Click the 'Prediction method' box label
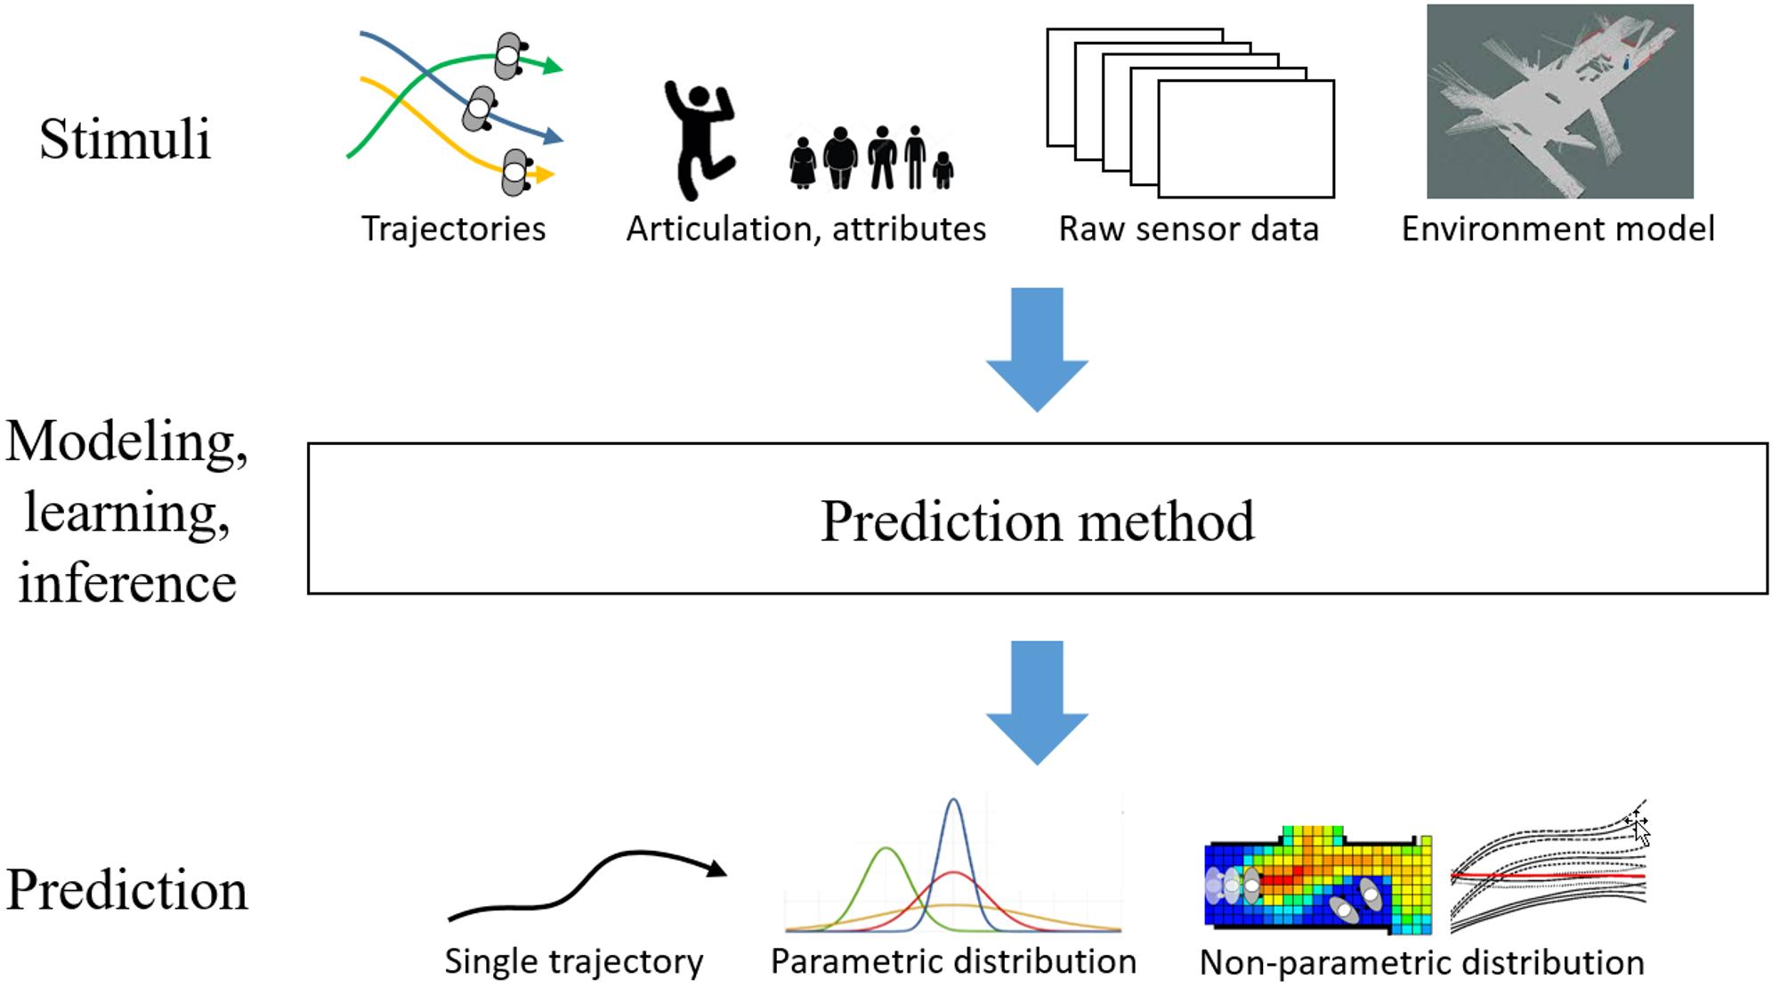tap(1037, 521)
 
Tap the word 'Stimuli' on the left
tap(125, 140)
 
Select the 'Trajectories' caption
tap(453, 229)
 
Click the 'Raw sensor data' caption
tap(1188, 229)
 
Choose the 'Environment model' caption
tap(1557, 229)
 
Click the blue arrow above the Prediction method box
tap(1037, 349)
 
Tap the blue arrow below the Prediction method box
tap(1037, 702)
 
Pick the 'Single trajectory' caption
tap(574, 961)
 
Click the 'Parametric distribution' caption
tap(953, 961)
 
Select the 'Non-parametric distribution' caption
tap(1421, 962)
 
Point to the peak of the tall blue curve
tap(953, 799)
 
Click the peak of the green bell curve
tap(886, 848)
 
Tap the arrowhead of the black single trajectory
tap(716, 868)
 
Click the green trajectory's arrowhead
tap(554, 66)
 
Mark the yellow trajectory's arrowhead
tap(545, 175)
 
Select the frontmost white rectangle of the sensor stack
tap(1246, 139)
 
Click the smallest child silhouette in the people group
tap(943, 170)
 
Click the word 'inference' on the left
tap(127, 583)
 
